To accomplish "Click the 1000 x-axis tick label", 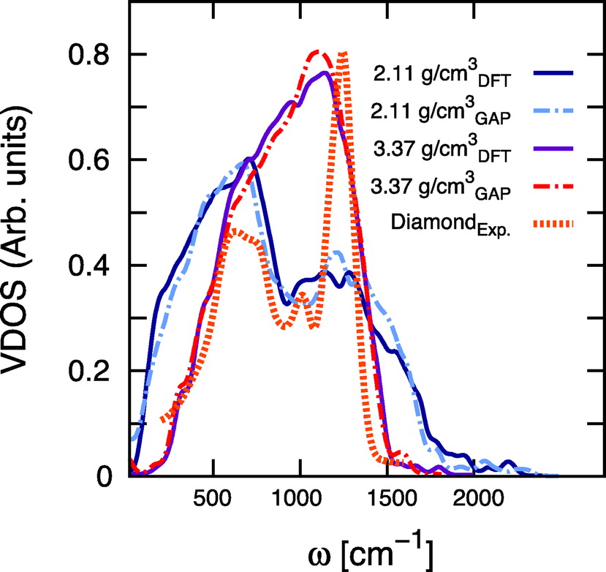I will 300,506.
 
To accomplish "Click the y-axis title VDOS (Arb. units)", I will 26,267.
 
